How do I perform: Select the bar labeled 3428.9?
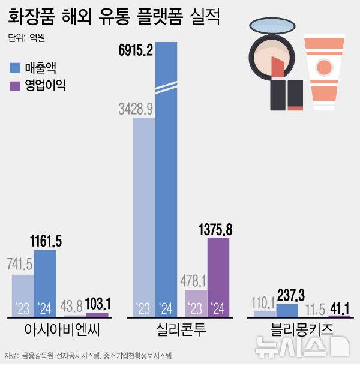(x=143, y=216)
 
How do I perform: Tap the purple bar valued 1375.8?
(x=218, y=276)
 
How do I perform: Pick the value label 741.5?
(x=22, y=265)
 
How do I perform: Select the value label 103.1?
(x=97, y=304)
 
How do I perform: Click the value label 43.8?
(x=74, y=304)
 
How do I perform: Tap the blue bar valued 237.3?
(x=287, y=310)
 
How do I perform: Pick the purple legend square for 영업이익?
(x=16, y=85)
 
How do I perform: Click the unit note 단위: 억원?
(x=28, y=38)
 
